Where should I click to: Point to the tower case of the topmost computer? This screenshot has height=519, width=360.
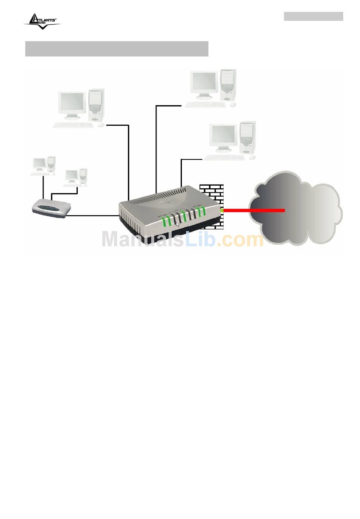pyautogui.click(x=229, y=85)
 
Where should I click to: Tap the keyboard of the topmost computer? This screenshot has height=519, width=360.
pyautogui.click(x=205, y=105)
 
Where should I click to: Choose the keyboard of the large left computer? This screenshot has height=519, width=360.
pyautogui.click(x=73, y=125)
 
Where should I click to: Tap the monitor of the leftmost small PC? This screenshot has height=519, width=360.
pyautogui.click(x=39, y=164)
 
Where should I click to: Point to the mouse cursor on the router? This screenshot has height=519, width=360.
pyautogui.click(x=178, y=224)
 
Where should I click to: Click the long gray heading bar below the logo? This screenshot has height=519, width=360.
pyautogui.click(x=117, y=49)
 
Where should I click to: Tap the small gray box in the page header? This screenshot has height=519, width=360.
pyautogui.click(x=313, y=16)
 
